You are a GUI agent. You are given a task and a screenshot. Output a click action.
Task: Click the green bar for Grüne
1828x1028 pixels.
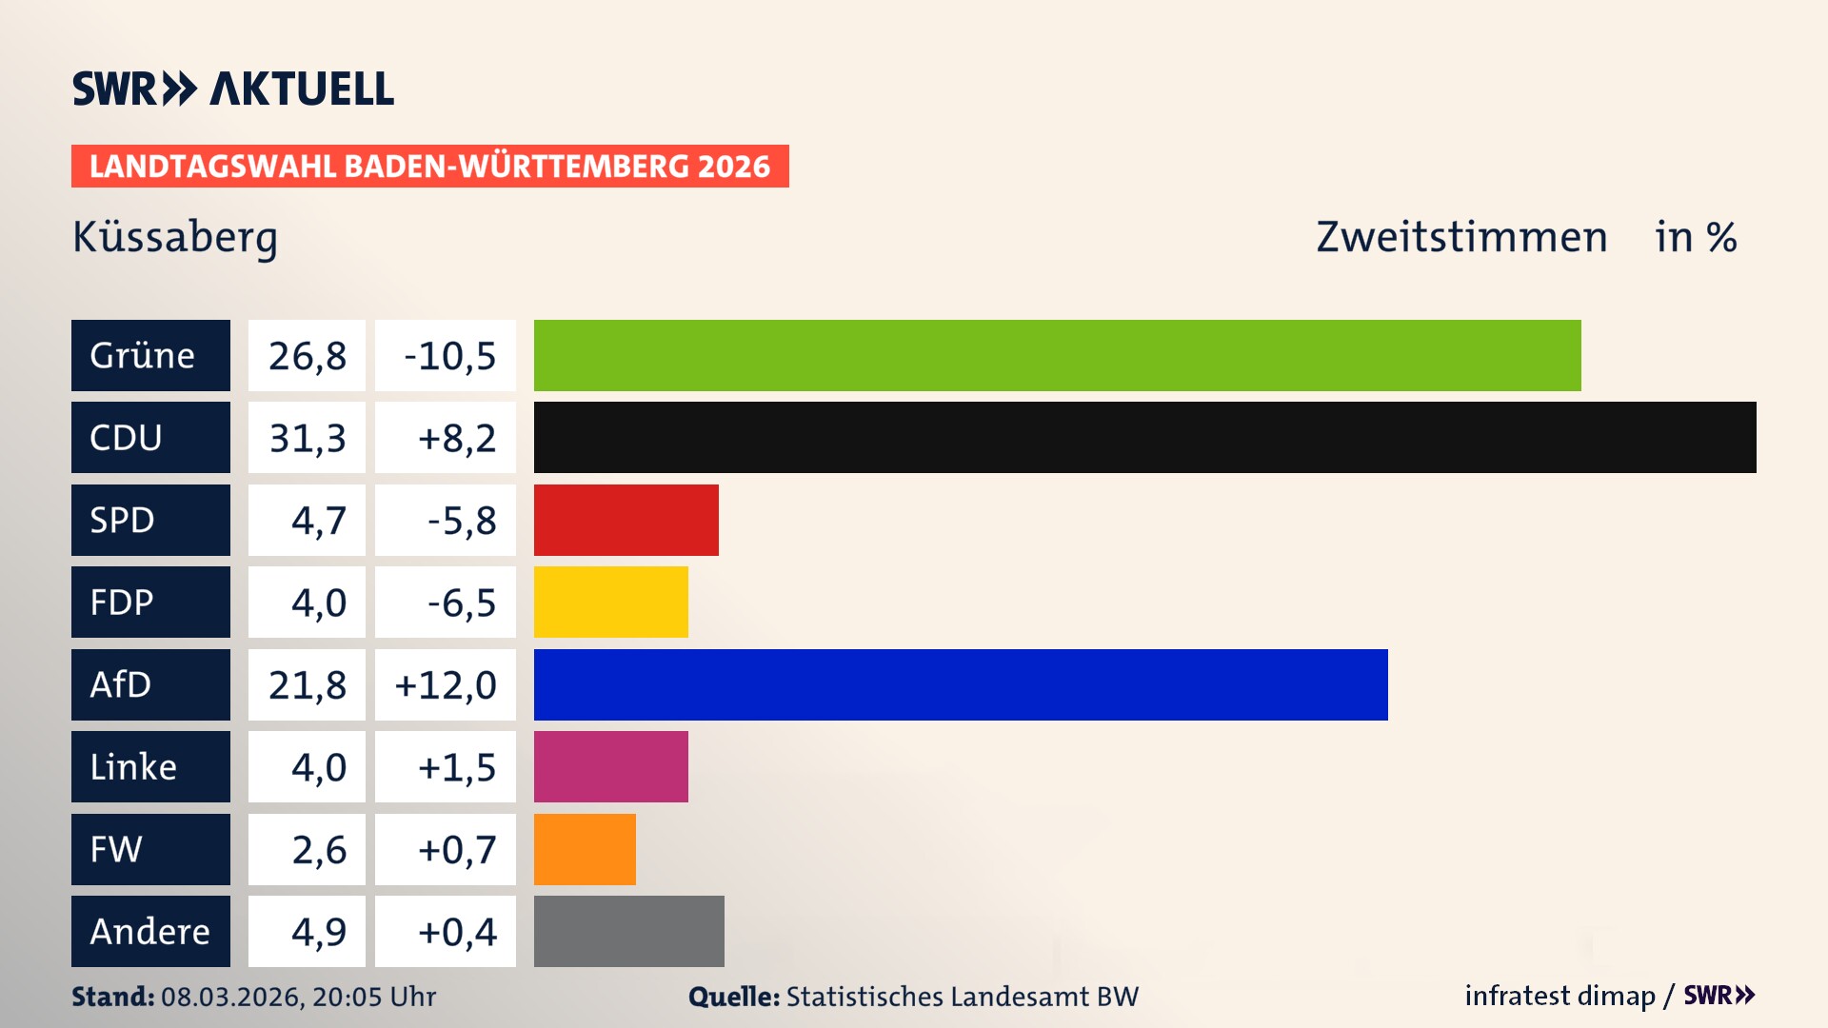click(1057, 355)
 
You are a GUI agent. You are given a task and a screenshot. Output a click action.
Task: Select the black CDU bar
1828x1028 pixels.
click(1144, 437)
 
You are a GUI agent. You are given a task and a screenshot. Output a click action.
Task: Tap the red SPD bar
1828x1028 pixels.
click(626, 520)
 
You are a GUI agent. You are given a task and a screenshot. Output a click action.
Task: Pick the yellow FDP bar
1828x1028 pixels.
click(610, 602)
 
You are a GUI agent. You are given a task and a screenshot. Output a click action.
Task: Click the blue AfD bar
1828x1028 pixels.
click(960, 684)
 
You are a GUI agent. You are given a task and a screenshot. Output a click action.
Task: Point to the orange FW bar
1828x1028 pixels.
click(585, 849)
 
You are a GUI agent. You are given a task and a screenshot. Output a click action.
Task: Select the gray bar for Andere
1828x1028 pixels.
click(628, 931)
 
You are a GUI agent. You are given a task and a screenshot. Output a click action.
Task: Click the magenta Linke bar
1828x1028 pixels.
click(610, 766)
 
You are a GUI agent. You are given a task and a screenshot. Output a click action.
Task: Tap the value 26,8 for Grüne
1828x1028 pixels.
click(307, 356)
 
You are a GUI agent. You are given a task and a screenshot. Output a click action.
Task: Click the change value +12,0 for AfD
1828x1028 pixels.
click(446, 685)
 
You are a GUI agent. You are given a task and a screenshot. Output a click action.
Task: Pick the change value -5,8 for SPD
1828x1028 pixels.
click(462, 521)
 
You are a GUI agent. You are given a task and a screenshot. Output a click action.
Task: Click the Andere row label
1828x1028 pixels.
click(150, 931)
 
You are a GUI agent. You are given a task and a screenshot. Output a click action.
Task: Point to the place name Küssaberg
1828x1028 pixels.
click(175, 237)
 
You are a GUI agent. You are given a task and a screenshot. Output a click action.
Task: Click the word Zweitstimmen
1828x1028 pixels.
click(1461, 237)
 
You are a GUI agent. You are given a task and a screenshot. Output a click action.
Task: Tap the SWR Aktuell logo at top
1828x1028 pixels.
click(233, 89)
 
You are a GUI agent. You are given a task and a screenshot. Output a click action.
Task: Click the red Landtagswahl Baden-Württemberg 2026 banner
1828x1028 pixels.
click(429, 167)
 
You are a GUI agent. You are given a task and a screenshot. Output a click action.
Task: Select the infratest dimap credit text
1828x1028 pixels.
click(1560, 996)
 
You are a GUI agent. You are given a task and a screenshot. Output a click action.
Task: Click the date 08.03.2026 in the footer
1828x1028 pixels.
click(231, 997)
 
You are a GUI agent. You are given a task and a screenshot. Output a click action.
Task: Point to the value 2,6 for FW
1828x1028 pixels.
click(319, 850)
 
